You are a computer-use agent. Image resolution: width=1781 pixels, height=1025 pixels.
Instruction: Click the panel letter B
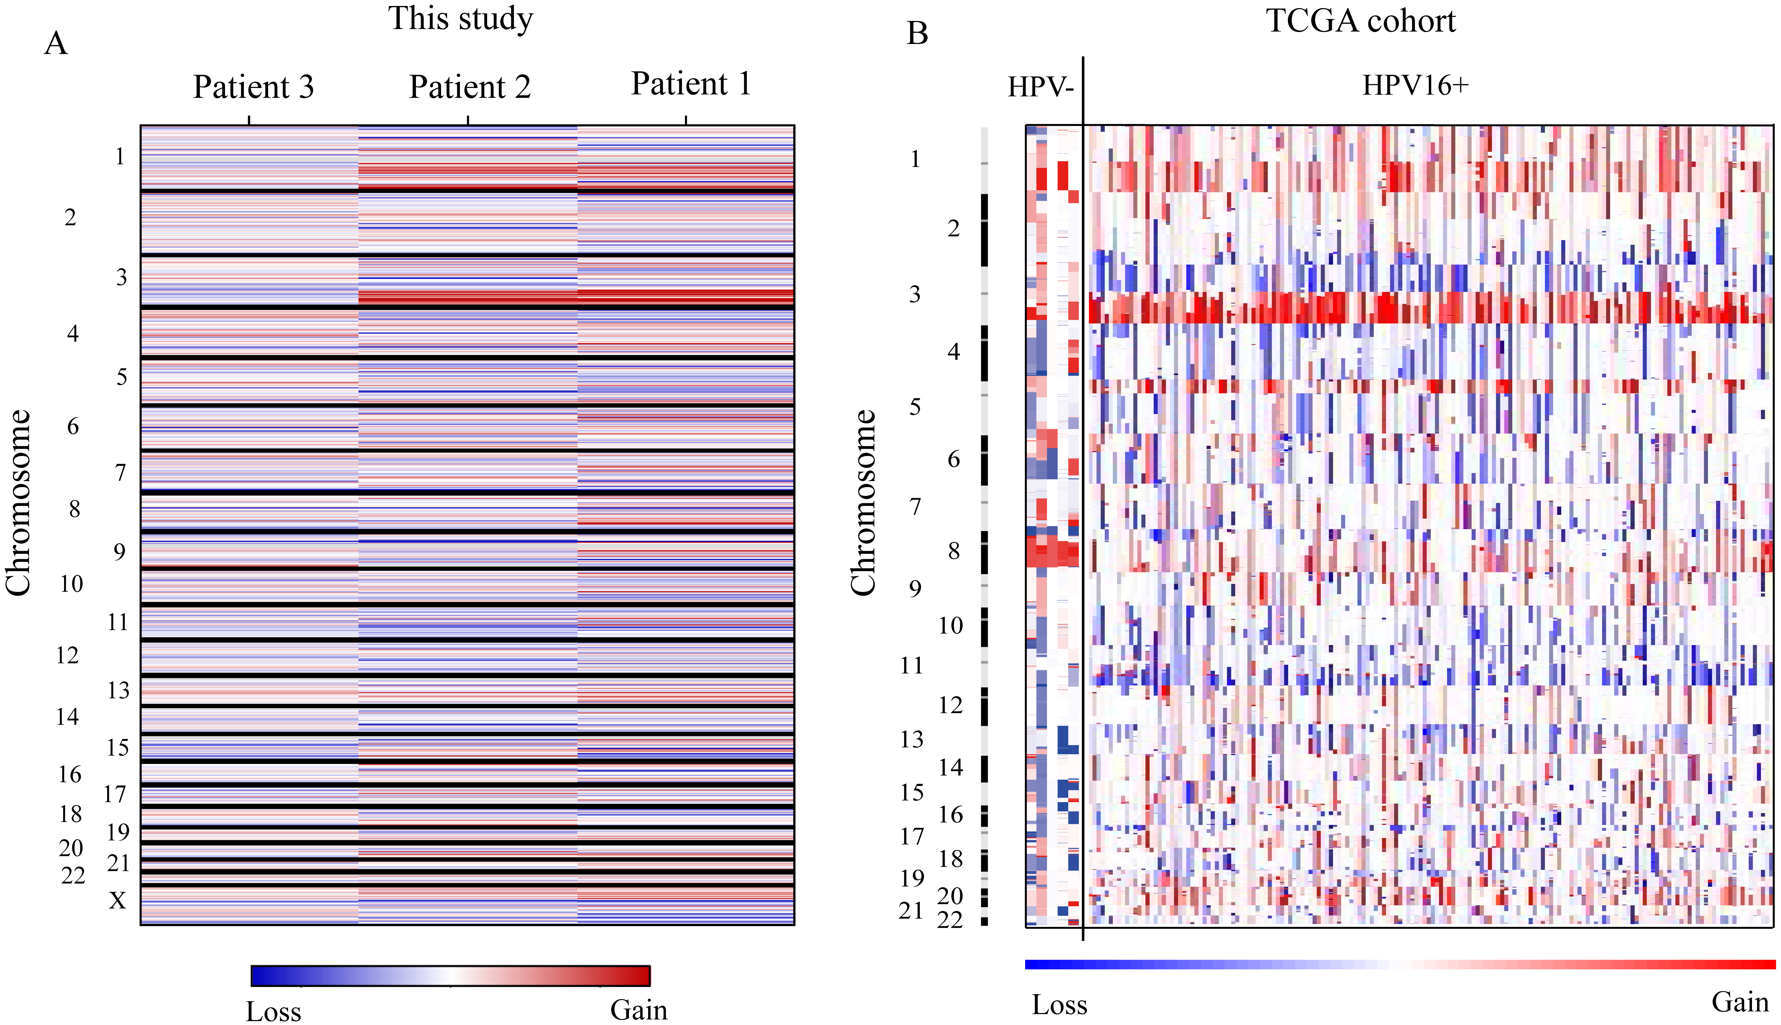917,33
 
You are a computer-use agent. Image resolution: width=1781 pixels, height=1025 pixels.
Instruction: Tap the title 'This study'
461,19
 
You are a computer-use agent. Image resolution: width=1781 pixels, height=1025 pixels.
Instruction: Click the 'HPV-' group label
1040,86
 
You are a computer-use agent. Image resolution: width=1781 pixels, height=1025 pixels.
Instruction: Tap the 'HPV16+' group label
1416,85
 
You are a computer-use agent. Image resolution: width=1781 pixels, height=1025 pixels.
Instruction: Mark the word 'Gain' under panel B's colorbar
1740,1002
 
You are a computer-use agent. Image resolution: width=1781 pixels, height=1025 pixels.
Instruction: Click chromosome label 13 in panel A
118,691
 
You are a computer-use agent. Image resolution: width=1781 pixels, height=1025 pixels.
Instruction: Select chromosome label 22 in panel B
950,919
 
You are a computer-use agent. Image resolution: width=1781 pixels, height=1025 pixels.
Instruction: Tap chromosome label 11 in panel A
118,622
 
